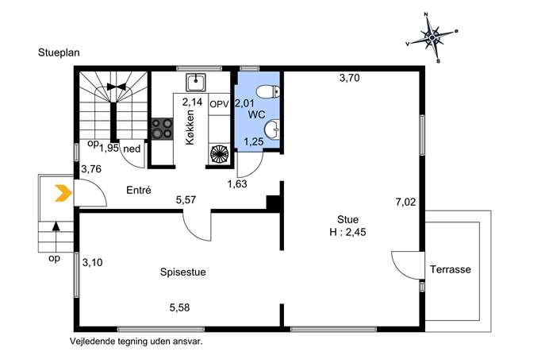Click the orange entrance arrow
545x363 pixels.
(x=63, y=193)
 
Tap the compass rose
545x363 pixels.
(x=432, y=37)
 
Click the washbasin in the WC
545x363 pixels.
(x=272, y=129)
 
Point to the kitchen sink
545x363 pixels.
(x=196, y=82)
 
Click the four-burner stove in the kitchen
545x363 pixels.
(x=163, y=128)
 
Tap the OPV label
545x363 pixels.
(x=219, y=104)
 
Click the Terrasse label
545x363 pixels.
(x=451, y=269)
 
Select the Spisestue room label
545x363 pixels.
(x=182, y=272)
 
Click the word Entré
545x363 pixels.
(x=139, y=190)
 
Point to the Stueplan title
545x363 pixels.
(x=59, y=52)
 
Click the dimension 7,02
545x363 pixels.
(x=405, y=202)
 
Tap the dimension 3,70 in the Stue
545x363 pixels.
(x=350, y=78)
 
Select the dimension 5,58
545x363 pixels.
(x=180, y=307)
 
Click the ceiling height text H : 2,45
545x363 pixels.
(x=347, y=232)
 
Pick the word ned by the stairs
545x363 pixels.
(x=132, y=149)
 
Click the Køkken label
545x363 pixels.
(x=190, y=127)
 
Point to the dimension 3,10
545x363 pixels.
(x=93, y=262)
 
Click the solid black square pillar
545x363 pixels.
(x=273, y=203)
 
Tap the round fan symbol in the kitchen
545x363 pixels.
(x=219, y=154)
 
